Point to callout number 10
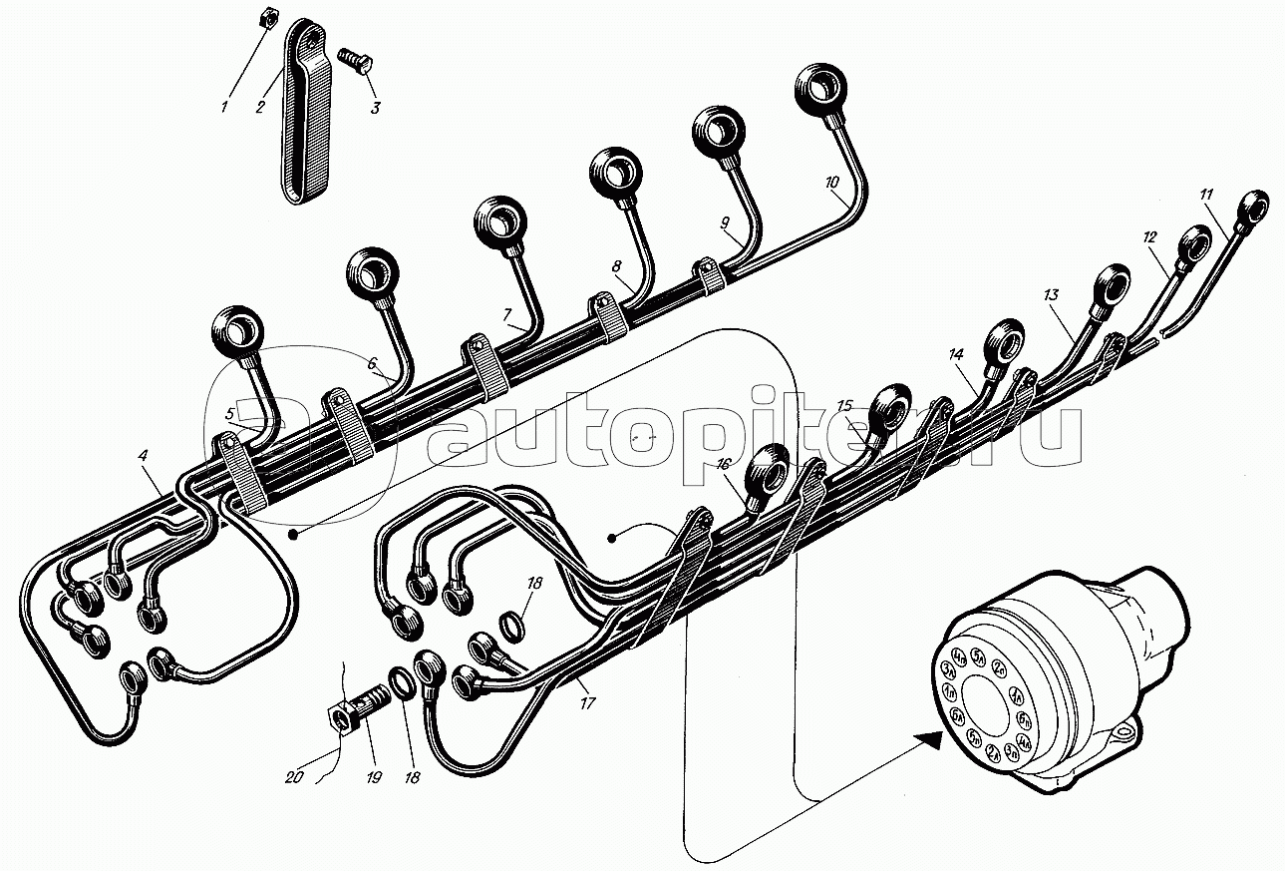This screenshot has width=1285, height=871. click(x=833, y=183)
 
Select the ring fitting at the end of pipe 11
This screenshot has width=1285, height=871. click(x=1253, y=207)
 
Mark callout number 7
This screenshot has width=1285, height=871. click(x=507, y=313)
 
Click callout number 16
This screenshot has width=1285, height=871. click(x=722, y=463)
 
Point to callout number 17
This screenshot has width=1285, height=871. click(x=587, y=703)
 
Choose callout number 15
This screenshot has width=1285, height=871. click(x=844, y=406)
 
